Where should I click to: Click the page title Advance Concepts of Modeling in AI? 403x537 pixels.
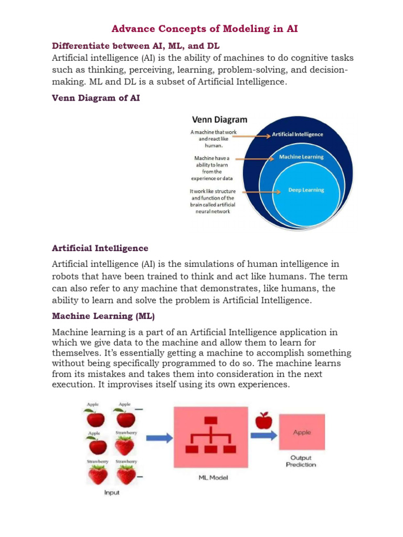click(x=205, y=29)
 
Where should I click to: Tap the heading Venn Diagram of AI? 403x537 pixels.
click(x=96, y=98)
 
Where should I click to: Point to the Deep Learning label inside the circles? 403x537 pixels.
click(x=306, y=190)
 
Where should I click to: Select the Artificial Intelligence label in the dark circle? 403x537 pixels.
click(x=298, y=134)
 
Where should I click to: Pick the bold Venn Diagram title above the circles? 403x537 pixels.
click(x=219, y=120)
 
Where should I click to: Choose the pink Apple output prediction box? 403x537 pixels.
click(x=302, y=433)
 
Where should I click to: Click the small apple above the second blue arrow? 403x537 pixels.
click(x=263, y=420)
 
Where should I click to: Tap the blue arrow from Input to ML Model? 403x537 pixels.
click(x=159, y=437)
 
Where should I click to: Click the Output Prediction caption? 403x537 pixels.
click(x=301, y=461)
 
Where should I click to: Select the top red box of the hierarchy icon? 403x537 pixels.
click(x=210, y=420)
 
